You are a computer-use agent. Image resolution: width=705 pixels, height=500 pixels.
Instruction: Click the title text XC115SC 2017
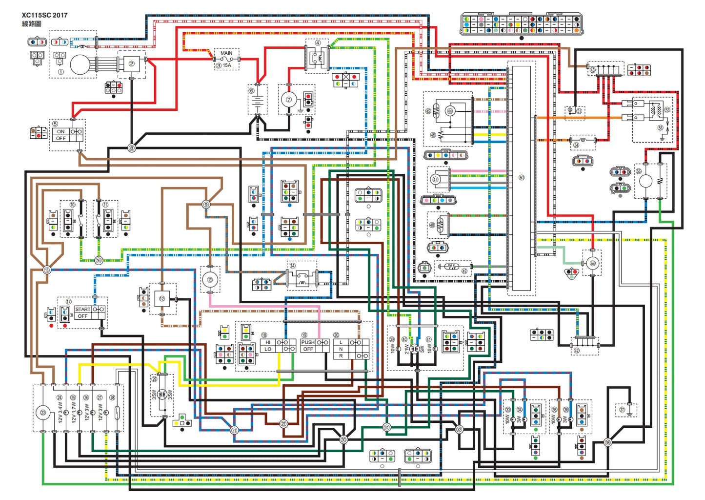click(44, 15)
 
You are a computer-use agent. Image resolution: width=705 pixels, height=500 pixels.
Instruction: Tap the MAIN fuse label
click(226, 53)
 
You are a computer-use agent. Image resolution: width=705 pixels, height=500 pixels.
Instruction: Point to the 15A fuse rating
click(227, 65)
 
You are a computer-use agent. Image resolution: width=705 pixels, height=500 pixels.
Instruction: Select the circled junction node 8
click(131, 147)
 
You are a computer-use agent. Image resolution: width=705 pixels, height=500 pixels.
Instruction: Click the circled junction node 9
click(206, 205)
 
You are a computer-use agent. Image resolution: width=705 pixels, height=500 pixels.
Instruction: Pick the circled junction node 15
click(47, 270)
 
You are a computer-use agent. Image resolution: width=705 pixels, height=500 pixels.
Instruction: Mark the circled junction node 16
click(99, 260)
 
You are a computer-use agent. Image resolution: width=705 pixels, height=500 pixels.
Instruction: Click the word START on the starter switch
click(83, 309)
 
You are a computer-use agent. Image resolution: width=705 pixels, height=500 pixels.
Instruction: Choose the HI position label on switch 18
click(268, 342)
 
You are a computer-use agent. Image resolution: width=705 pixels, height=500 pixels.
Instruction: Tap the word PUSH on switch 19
click(308, 342)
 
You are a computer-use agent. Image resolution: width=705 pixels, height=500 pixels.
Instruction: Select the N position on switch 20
click(341, 349)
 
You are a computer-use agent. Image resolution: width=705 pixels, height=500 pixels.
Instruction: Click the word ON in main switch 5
click(60, 131)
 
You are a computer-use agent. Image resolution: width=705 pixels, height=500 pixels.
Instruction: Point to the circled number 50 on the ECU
click(522, 177)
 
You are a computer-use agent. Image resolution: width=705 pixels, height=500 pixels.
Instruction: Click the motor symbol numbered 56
click(593, 263)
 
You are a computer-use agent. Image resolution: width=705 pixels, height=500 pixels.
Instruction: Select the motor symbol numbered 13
click(210, 280)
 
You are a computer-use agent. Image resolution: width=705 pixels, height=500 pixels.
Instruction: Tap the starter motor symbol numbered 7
click(289, 100)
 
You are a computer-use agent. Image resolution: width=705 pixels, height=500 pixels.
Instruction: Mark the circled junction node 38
click(608, 442)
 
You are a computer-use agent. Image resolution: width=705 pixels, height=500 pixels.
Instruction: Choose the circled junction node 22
click(284, 423)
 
